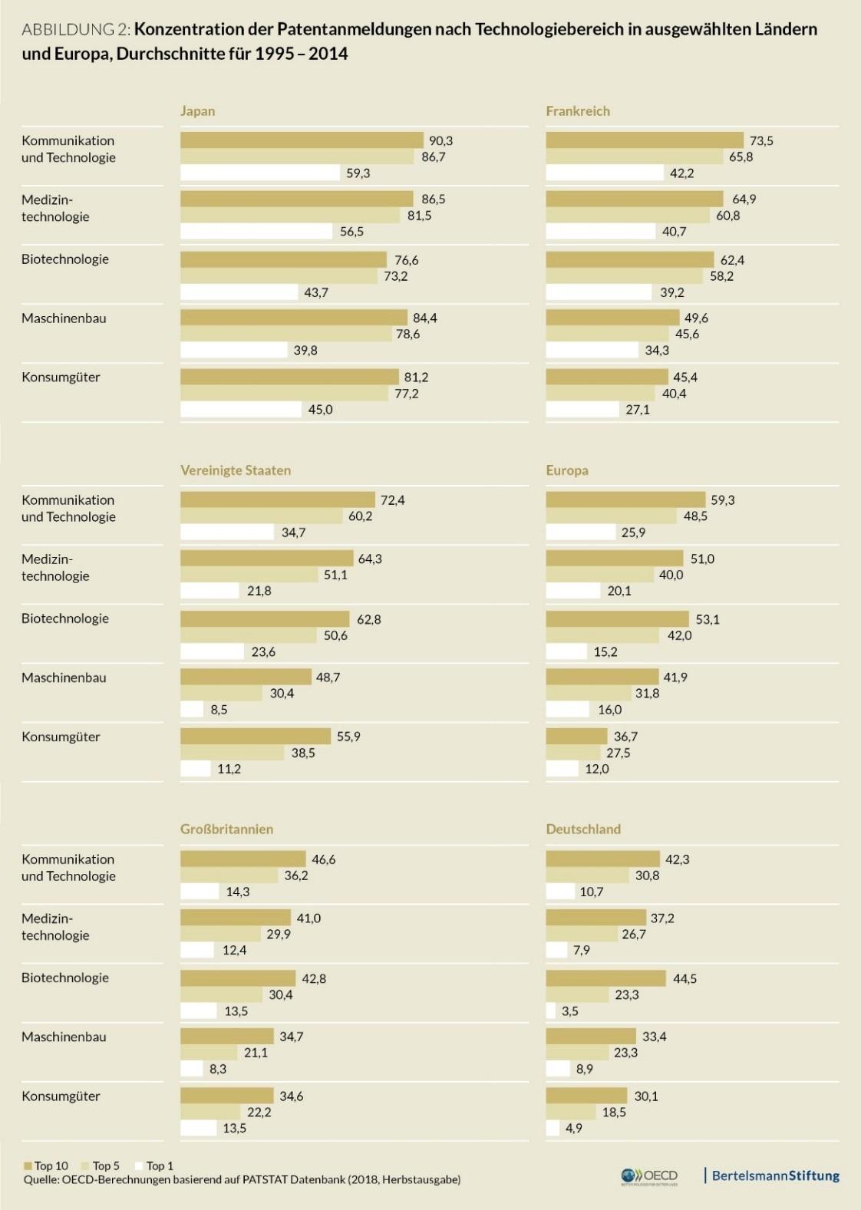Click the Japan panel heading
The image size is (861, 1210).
tap(197, 110)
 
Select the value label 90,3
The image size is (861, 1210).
tap(440, 140)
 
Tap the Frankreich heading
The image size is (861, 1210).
tap(578, 110)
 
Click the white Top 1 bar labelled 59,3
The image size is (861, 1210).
tap(259, 173)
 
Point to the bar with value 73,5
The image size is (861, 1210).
tap(645, 140)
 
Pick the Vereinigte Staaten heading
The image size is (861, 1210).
tap(236, 470)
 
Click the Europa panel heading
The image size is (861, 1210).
tap(567, 470)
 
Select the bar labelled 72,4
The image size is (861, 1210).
tap(277, 499)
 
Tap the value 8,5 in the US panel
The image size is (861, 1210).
tap(219, 710)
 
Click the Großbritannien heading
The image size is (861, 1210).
tap(226, 829)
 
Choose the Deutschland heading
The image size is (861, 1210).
tap(583, 829)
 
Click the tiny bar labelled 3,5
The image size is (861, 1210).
tap(550, 1011)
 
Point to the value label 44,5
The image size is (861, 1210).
tap(685, 978)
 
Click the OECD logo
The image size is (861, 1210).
tap(649, 1175)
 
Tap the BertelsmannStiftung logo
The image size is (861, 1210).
tap(775, 1175)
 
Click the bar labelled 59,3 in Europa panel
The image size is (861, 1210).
tap(625, 499)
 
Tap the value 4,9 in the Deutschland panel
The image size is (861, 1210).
tap(574, 1128)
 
